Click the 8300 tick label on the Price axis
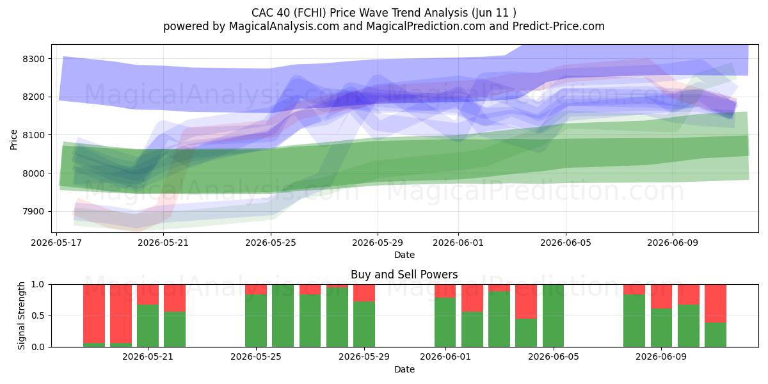pos(33,59)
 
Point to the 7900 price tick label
pos(33,212)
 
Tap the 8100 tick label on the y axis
pos(33,135)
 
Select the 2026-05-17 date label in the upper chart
pos(56,243)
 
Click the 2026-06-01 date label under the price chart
pos(458,243)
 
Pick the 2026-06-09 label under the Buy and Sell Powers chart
pos(661,357)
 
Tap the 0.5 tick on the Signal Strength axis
pos(38,316)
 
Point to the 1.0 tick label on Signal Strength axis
pos(38,285)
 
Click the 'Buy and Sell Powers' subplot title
pos(404,275)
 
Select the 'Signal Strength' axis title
pos(21,316)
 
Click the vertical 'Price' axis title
pos(13,140)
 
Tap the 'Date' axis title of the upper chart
pos(404,255)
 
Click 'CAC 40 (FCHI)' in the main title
pos(289,13)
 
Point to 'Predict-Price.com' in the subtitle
pos(559,26)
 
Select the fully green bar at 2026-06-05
pos(553,316)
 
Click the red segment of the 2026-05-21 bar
pos(148,294)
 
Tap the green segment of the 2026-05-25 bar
pos(256,321)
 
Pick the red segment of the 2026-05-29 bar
pos(364,293)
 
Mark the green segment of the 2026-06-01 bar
pos(445,323)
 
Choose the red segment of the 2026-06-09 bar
pos(661,296)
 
